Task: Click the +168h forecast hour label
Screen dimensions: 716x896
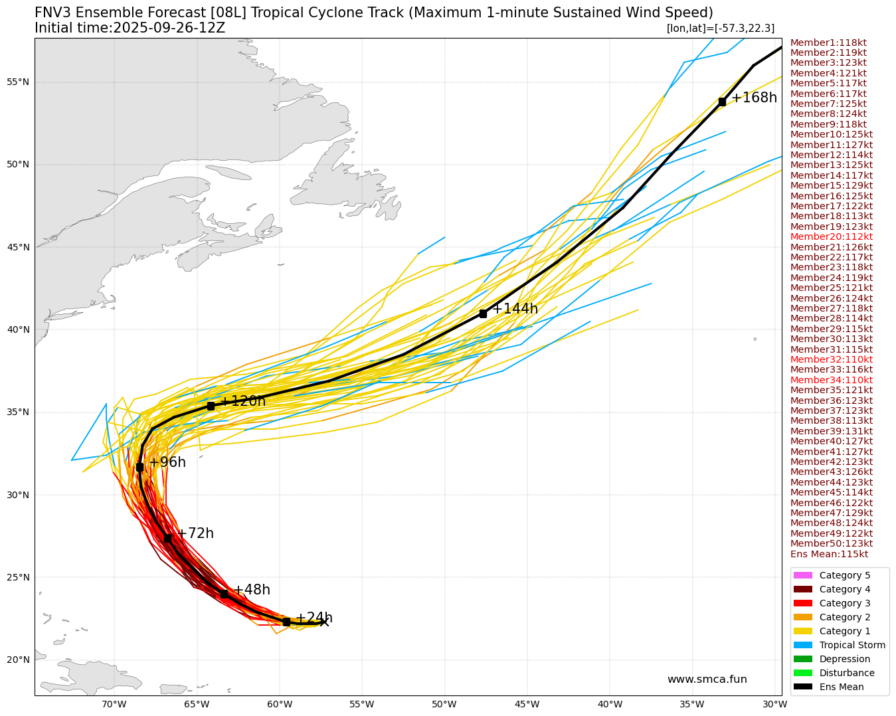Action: point(753,98)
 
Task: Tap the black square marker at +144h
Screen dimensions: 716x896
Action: point(483,313)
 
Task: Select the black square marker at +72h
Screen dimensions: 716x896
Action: point(167,538)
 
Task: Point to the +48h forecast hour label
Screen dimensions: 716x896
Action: point(251,590)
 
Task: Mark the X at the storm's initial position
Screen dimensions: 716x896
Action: point(324,622)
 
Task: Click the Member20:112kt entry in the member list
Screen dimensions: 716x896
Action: point(831,236)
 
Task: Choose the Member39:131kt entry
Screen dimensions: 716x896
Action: point(831,431)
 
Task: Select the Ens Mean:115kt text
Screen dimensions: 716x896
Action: point(829,554)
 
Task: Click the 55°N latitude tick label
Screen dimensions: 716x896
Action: point(18,82)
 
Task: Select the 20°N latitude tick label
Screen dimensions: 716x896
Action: point(18,660)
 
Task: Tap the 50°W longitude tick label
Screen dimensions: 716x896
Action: point(444,705)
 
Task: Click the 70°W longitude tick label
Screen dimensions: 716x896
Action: point(114,705)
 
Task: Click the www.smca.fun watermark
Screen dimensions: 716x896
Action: point(707,679)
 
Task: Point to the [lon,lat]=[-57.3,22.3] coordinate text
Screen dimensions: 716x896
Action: point(720,29)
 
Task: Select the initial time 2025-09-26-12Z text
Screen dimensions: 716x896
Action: point(130,28)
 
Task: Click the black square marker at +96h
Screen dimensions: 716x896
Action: point(139,468)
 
